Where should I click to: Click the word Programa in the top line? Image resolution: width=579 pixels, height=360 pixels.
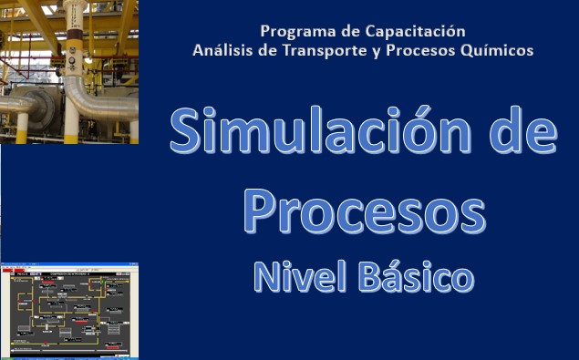point(293,31)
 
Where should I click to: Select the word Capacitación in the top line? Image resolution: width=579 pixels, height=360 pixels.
point(420,31)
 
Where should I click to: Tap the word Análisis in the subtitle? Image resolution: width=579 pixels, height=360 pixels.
point(225,50)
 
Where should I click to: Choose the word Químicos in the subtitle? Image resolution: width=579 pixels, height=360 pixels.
point(498,50)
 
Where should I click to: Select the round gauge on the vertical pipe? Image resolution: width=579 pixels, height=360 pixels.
point(69,65)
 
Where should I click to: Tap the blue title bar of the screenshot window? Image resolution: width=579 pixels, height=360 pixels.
point(68,265)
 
